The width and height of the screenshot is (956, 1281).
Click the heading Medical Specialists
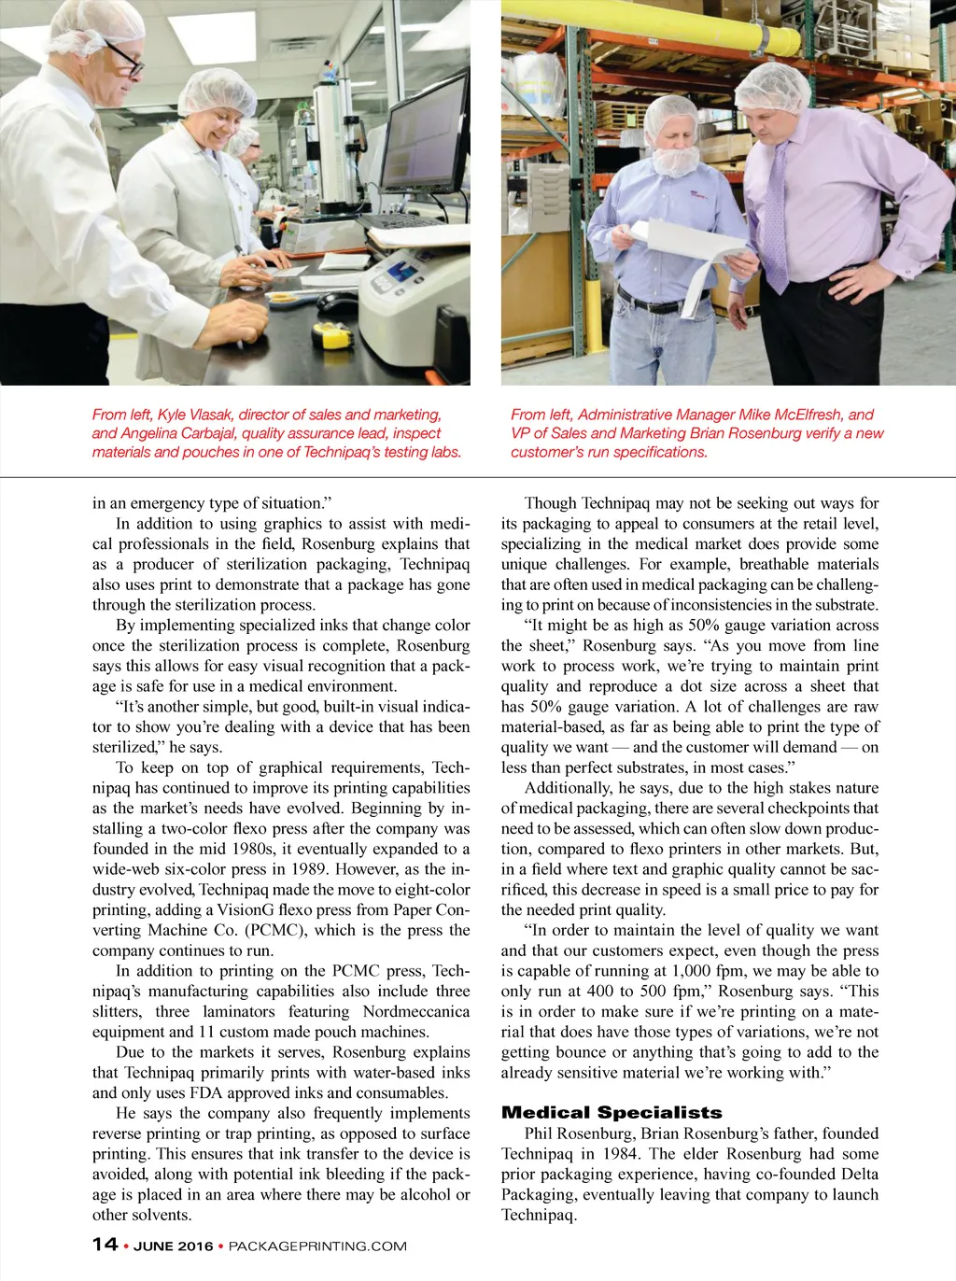[612, 1112]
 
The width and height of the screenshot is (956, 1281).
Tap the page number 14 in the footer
[105, 1245]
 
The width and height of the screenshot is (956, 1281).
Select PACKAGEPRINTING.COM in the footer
[317, 1246]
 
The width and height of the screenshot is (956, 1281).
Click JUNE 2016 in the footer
[173, 1246]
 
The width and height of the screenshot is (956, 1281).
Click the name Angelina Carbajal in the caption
[177, 433]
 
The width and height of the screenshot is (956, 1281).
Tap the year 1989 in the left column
[306, 869]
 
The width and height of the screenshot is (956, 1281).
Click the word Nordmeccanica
[416, 1011]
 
